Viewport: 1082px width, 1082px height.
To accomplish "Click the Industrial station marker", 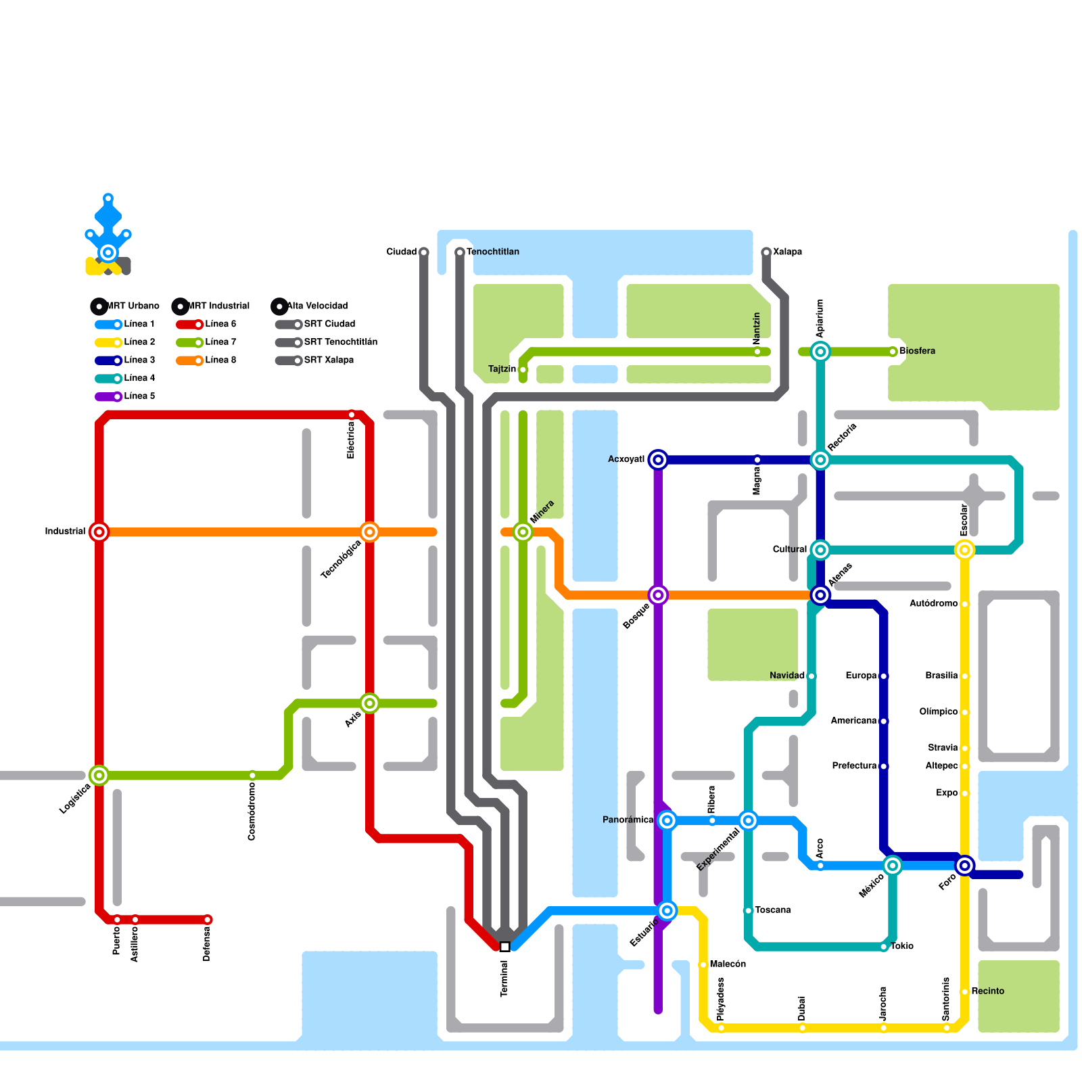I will (99, 532).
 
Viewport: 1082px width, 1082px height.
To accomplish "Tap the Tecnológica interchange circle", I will (369, 532).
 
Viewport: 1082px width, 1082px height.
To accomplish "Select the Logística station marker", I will (99, 776).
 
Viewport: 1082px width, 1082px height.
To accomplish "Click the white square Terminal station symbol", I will (504, 947).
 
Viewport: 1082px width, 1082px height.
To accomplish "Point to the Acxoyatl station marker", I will (658, 460).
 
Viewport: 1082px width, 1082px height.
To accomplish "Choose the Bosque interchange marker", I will (658, 595).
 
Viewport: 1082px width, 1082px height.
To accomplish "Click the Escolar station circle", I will (965, 550).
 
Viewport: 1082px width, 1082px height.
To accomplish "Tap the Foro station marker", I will (965, 866).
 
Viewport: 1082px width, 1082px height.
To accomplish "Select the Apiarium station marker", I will (820, 352).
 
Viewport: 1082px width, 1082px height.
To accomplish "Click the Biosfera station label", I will (917, 351).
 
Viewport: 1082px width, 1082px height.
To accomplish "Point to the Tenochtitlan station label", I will (493, 252).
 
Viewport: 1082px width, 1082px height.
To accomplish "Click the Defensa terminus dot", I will (208, 920).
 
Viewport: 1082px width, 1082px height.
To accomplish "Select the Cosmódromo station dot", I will (252, 776).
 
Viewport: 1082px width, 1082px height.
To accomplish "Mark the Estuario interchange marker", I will (667, 911).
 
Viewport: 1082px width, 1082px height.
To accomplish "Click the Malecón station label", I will (728, 964).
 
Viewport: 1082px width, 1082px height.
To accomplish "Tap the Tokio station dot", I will (884, 947).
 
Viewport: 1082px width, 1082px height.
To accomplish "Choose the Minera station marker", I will (523, 532).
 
